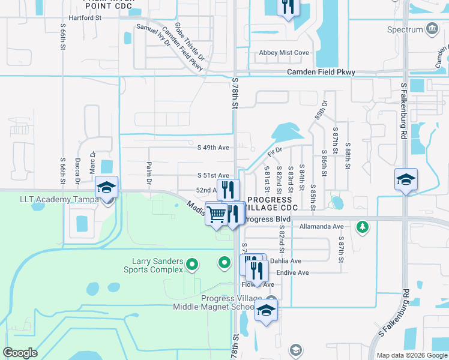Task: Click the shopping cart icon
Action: [216, 213]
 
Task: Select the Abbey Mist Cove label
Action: [284, 53]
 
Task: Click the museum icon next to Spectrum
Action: [432, 29]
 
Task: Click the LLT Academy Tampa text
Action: [55, 199]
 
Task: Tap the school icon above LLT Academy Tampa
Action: [106, 187]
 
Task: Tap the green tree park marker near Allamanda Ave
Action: [362, 227]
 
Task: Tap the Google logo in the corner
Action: [20, 352]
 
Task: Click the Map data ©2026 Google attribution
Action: [411, 355]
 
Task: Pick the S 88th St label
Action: [348, 147]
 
